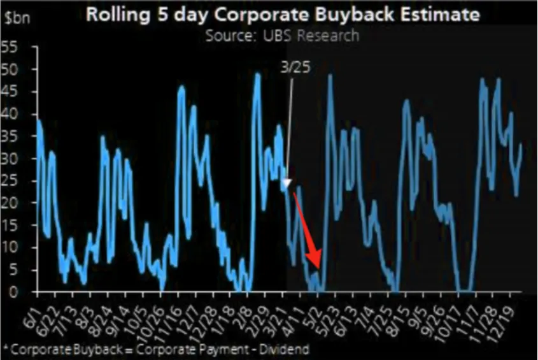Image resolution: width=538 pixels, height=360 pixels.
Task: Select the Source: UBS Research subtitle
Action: [282, 35]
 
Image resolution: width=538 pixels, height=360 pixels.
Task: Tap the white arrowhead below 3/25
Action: [287, 184]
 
